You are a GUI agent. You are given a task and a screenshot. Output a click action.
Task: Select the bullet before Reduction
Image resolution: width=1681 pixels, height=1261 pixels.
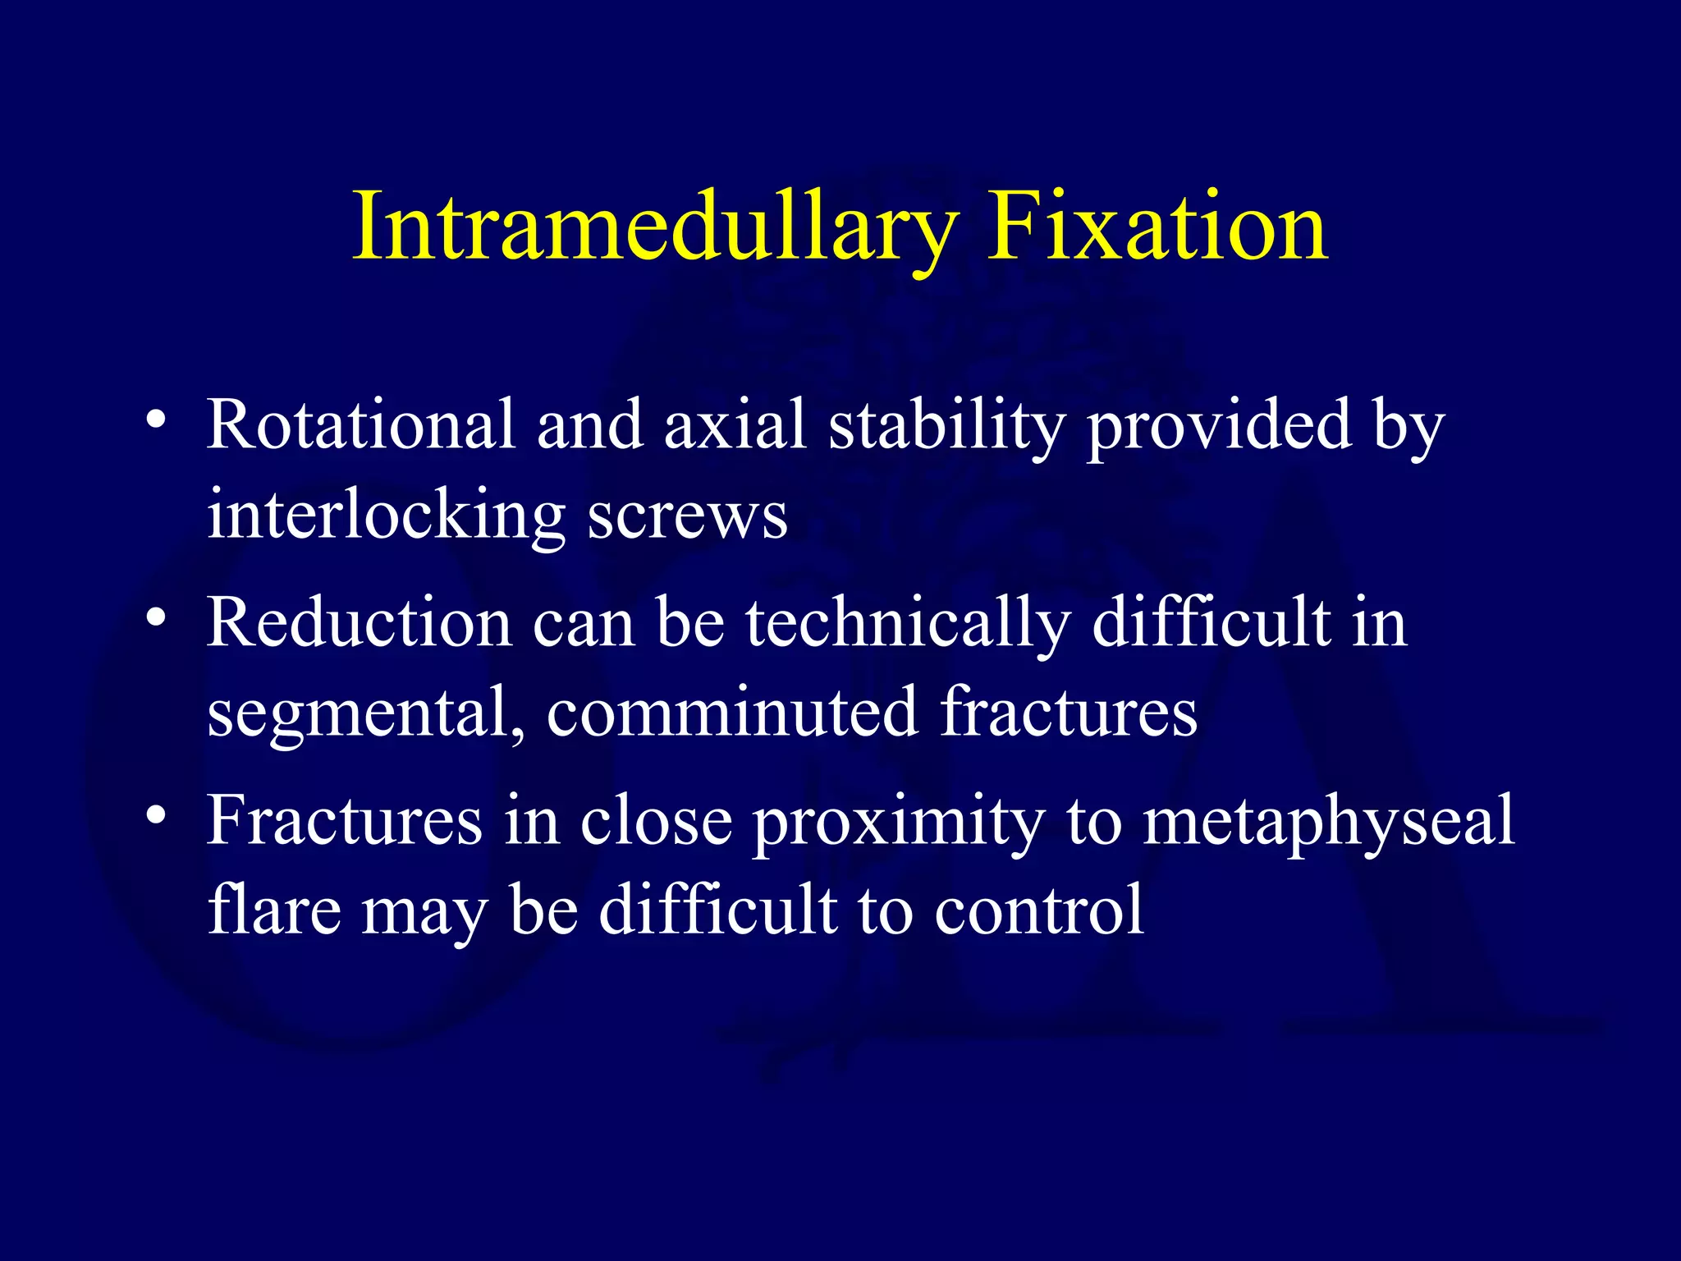[157, 617]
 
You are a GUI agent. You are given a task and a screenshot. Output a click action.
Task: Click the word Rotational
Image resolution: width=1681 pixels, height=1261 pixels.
[361, 425]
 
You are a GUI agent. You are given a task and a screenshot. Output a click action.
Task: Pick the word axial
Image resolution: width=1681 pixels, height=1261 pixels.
[735, 425]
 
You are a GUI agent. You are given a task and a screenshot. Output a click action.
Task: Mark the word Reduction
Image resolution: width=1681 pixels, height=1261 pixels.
[360, 622]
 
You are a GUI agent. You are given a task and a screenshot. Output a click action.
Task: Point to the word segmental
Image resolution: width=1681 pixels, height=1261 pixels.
[365, 713]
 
